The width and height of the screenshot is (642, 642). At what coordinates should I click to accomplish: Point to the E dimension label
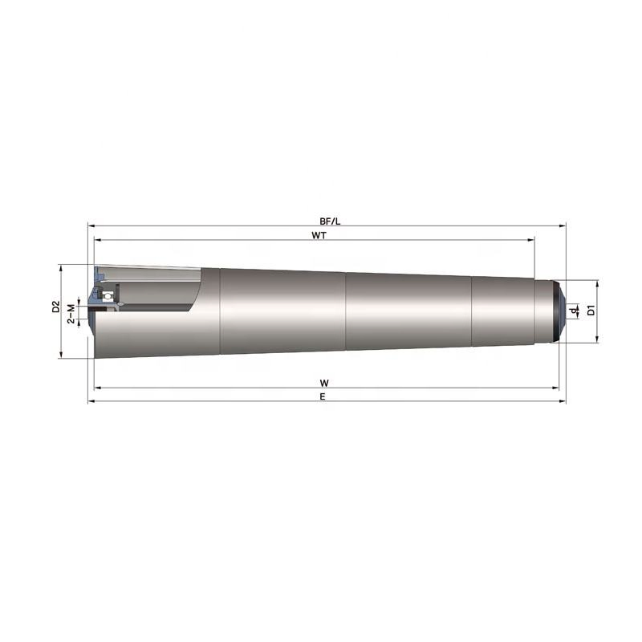coord(323,396)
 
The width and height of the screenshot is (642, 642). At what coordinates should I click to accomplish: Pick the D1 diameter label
coord(591,311)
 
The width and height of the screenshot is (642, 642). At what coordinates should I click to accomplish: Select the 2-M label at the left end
coord(71,313)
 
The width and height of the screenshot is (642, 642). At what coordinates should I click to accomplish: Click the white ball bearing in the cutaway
coord(104,296)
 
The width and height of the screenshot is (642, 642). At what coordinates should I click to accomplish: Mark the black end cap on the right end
coord(561,310)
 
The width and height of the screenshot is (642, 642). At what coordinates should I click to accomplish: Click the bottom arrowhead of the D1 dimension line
coord(598,339)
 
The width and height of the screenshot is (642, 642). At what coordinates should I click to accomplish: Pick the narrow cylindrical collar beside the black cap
coord(543,311)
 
